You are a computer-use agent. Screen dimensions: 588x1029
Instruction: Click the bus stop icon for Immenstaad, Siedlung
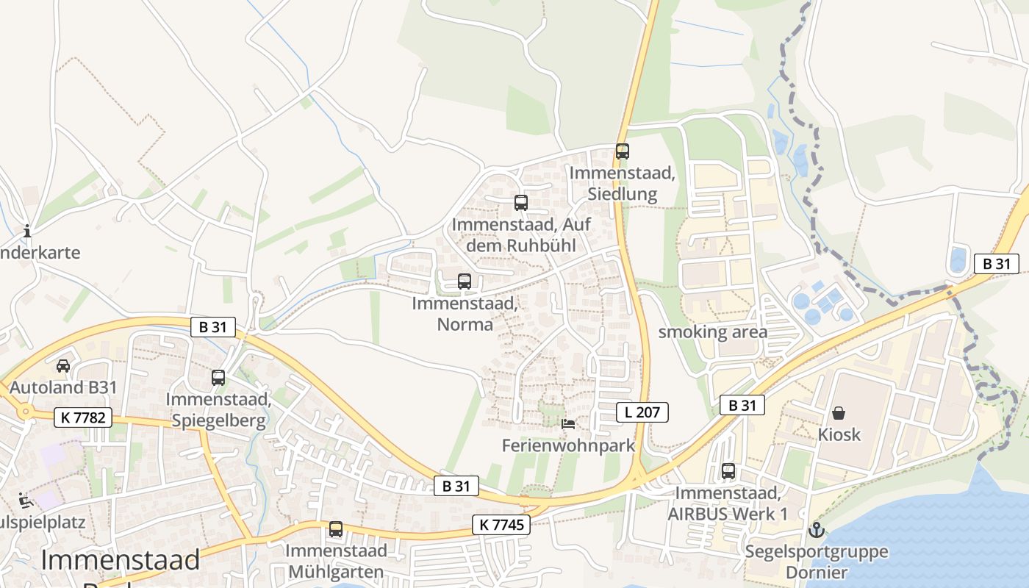pyautogui.click(x=623, y=151)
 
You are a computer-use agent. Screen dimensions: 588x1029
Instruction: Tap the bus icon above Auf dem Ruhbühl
pyautogui.click(x=521, y=203)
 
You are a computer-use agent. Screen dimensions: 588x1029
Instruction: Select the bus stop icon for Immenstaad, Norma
pyautogui.click(x=465, y=281)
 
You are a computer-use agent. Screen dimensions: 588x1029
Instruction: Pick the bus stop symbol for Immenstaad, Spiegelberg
pyautogui.click(x=218, y=378)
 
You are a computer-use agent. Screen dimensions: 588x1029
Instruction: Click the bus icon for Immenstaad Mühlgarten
pyautogui.click(x=336, y=528)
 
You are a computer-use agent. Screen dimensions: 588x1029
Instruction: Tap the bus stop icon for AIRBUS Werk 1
pyautogui.click(x=728, y=471)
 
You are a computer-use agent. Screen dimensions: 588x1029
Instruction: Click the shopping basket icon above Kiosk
pyautogui.click(x=839, y=413)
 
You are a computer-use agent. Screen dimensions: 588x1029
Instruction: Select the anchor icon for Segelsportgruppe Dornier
pyautogui.click(x=816, y=529)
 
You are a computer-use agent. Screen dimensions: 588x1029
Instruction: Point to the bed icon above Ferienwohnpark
pyautogui.click(x=568, y=423)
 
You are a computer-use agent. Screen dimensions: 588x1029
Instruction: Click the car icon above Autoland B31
pyautogui.click(x=63, y=365)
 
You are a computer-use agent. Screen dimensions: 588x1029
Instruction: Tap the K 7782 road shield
pyautogui.click(x=83, y=418)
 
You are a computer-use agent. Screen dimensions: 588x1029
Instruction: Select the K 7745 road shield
pyautogui.click(x=501, y=525)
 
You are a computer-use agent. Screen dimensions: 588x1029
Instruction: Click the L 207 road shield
pyautogui.click(x=642, y=412)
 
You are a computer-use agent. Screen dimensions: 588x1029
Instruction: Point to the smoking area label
pyautogui.click(x=712, y=332)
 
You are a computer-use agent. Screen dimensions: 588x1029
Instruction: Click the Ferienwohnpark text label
pyautogui.click(x=568, y=445)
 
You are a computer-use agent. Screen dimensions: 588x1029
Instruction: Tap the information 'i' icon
pyautogui.click(x=27, y=231)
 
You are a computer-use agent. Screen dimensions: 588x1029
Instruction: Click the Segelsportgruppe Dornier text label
pyautogui.click(x=817, y=562)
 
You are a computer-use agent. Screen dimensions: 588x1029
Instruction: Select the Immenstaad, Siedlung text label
pyautogui.click(x=623, y=183)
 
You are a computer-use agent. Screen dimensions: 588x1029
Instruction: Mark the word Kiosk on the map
pyautogui.click(x=839, y=434)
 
